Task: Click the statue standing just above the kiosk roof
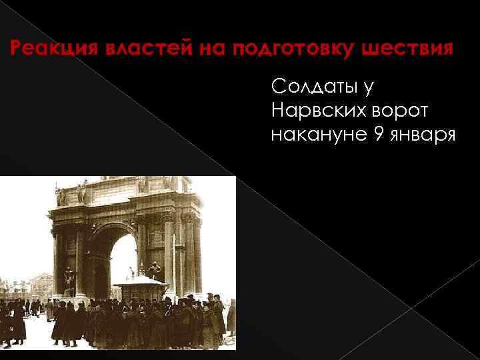point(154,269)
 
